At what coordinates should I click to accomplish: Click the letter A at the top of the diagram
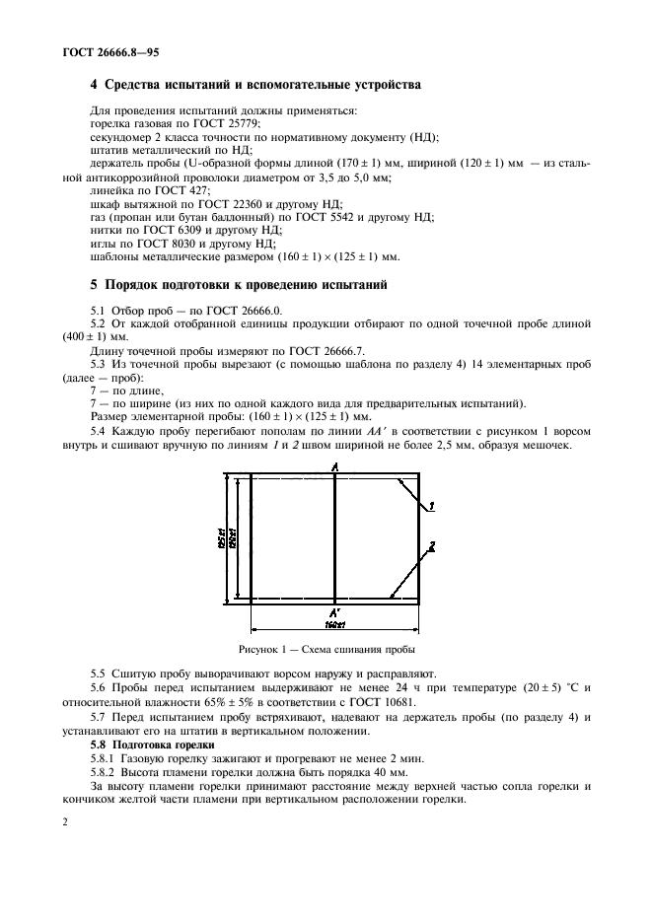point(335,465)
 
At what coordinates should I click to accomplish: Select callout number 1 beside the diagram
point(432,506)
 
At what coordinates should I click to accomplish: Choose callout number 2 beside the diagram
point(432,545)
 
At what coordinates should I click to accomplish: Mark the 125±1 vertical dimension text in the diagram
point(224,537)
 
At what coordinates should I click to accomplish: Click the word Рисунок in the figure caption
point(260,650)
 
